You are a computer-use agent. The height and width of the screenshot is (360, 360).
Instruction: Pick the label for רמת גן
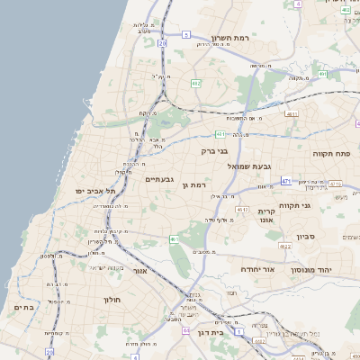tap(194, 184)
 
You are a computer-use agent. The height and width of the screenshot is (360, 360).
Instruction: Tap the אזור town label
tap(139, 270)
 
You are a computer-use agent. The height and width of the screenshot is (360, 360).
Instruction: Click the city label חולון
tap(112, 299)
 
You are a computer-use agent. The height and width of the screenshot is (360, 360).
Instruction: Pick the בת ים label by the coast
tap(23, 307)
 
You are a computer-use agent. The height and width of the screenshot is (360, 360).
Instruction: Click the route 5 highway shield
tap(185, 34)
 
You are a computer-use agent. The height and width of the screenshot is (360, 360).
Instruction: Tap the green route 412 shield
tap(196, 83)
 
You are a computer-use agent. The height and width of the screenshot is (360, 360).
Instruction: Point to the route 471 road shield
tap(286, 180)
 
